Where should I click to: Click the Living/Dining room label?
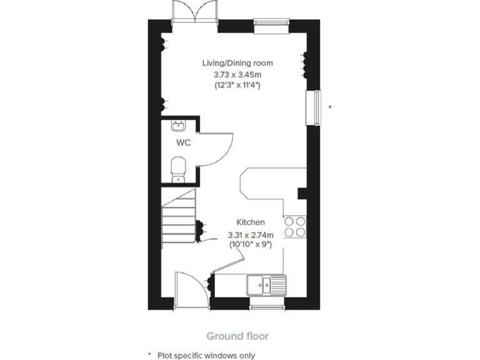click(x=237, y=63)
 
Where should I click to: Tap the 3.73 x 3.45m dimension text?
click(x=237, y=74)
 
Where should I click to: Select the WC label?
click(x=183, y=142)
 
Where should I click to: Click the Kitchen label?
click(x=250, y=222)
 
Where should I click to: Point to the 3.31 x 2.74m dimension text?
click(x=250, y=235)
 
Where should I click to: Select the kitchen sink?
click(x=266, y=285)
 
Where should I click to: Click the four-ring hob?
click(x=295, y=226)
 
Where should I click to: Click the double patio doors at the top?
click(x=195, y=12)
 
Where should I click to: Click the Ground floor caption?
click(x=237, y=336)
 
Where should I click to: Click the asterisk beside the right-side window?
click(x=330, y=107)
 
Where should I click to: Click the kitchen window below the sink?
click(x=267, y=306)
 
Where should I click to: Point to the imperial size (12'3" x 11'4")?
click(x=237, y=85)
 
